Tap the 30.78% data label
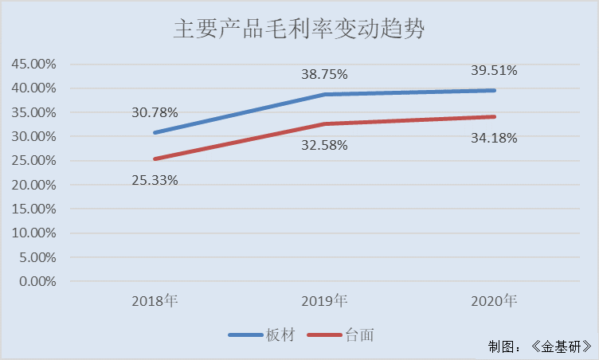click(155, 112)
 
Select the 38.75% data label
click(324, 74)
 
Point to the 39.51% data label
click(494, 70)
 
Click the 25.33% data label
click(155, 180)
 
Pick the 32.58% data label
click(324, 146)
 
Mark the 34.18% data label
click(494, 138)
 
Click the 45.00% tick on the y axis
click(33, 64)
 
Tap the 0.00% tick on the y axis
click(37, 281)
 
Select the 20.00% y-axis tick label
click(33, 185)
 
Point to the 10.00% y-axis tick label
click(33, 233)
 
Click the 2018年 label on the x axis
click(155, 301)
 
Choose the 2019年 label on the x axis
click(324, 301)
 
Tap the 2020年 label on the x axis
click(494, 301)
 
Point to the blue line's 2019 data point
click(324, 94)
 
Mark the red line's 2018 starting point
click(155, 158)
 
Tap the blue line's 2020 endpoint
click(494, 90)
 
